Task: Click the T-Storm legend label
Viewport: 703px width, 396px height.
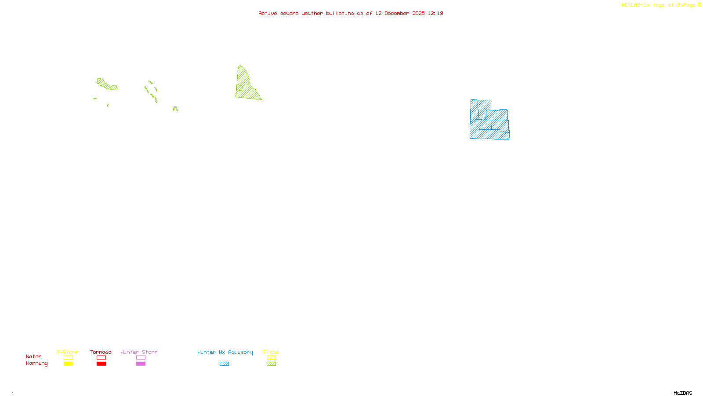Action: pyautogui.click(x=68, y=352)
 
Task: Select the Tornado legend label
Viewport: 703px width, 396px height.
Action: pyautogui.click(x=101, y=352)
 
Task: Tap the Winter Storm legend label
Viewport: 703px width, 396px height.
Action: pyautogui.click(x=139, y=352)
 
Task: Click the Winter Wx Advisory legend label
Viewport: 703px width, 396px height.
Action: pyautogui.click(x=225, y=352)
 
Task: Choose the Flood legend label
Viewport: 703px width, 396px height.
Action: pyautogui.click(x=271, y=352)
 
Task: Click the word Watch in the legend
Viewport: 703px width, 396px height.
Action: pyautogui.click(x=34, y=356)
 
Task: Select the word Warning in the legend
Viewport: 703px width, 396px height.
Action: pyautogui.click(x=36, y=363)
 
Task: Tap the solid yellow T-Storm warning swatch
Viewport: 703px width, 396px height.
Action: pyautogui.click(x=68, y=364)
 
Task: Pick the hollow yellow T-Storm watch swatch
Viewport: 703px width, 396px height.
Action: pyautogui.click(x=68, y=358)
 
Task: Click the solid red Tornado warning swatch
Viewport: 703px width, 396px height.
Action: pyautogui.click(x=101, y=364)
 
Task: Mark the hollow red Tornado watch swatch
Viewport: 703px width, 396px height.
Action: pyautogui.click(x=101, y=358)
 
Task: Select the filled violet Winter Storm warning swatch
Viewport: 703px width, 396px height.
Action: pyautogui.click(x=141, y=364)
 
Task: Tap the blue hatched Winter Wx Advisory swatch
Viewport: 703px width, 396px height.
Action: pyautogui.click(x=224, y=364)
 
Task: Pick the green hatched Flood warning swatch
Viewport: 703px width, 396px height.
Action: pyautogui.click(x=271, y=364)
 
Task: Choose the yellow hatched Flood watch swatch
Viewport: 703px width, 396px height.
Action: pyautogui.click(x=271, y=358)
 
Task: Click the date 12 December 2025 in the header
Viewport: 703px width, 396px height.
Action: pyautogui.click(x=400, y=13)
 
